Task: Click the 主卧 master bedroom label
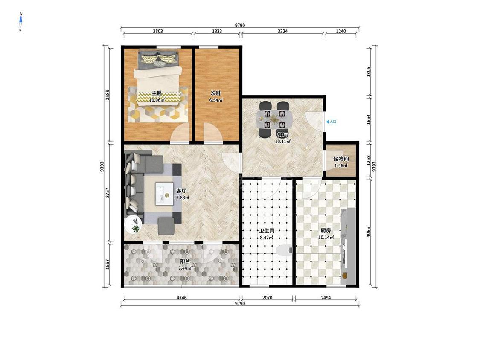157,93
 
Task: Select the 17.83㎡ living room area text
181,198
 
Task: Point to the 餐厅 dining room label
282,135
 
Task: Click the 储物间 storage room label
341,159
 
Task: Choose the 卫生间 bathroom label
266,231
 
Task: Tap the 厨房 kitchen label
326,231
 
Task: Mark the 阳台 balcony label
185,261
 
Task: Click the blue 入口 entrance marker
332,122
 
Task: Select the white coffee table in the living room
164,194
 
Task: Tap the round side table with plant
134,224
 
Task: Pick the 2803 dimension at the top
157,31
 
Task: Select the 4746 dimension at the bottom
182,298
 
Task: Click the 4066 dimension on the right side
369,232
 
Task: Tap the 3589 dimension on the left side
108,95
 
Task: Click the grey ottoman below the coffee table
166,226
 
